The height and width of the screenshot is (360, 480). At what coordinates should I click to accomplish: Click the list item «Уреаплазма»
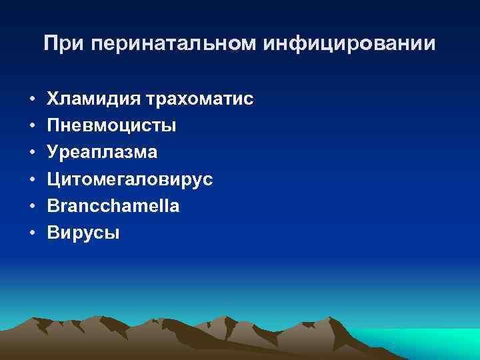click(x=103, y=152)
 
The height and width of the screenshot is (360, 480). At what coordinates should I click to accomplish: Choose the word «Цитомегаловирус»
click(x=130, y=179)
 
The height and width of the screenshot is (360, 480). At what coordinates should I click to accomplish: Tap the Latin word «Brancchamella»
click(x=113, y=206)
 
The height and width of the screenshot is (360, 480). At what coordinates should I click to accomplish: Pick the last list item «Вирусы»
click(x=84, y=233)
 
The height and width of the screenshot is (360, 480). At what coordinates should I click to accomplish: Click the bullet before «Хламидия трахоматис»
click(x=31, y=99)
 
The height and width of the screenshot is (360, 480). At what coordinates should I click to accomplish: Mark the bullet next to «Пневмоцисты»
click(x=31, y=126)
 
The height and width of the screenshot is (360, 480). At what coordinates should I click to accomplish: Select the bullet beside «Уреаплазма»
click(x=31, y=153)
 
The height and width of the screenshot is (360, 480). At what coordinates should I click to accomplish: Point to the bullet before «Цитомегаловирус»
click(x=31, y=179)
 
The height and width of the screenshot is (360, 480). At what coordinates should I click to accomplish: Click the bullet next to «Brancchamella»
click(x=31, y=206)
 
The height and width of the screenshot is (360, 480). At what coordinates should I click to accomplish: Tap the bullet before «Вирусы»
click(x=31, y=233)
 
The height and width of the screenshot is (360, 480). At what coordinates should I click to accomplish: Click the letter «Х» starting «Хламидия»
click(x=54, y=99)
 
